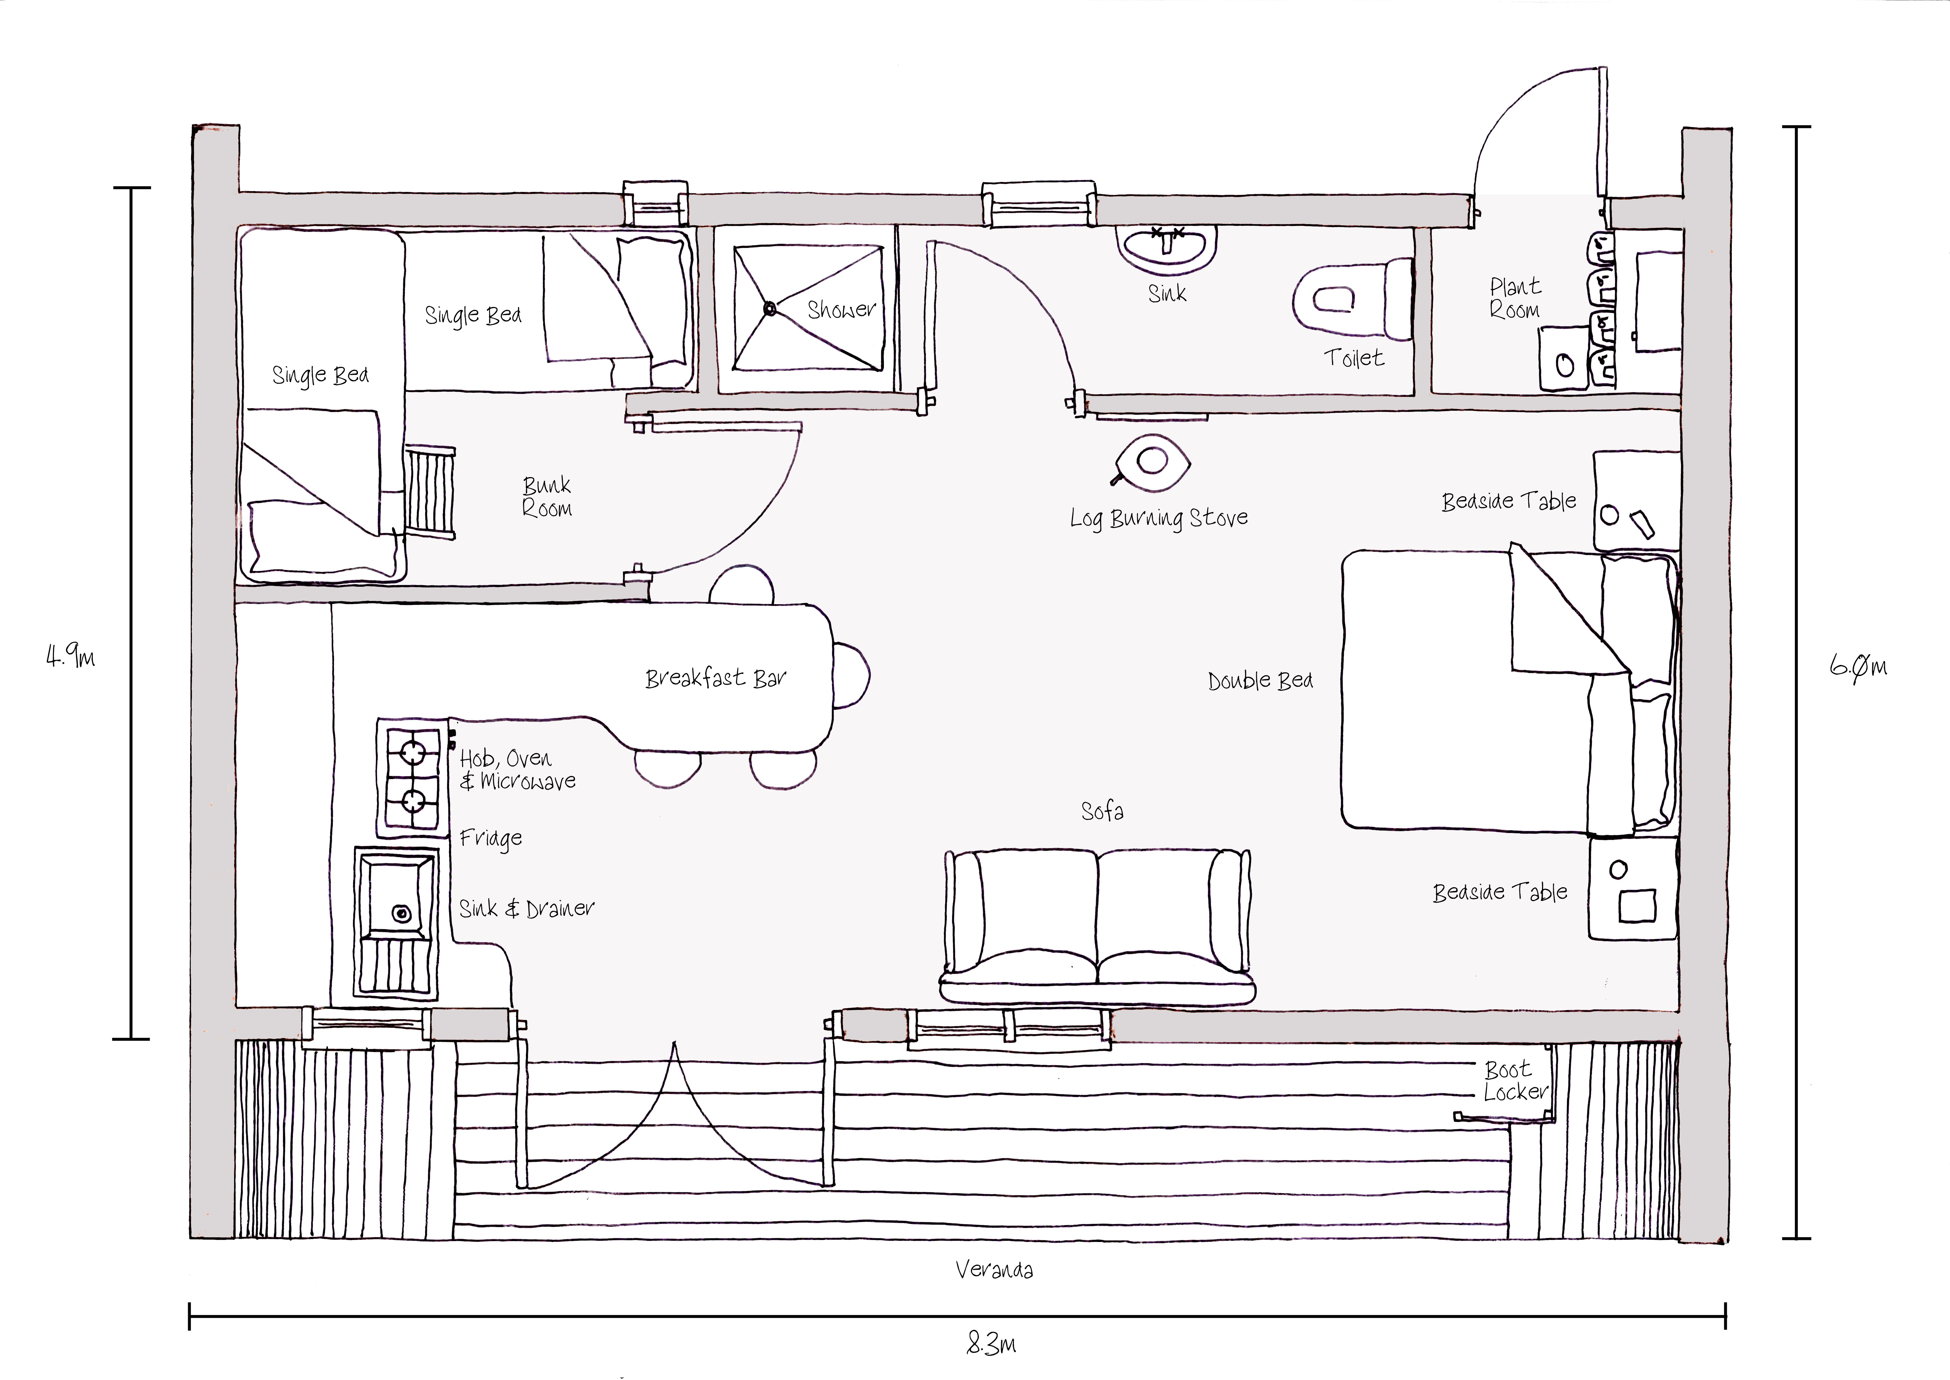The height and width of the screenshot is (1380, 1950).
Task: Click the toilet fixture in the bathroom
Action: coord(1351,299)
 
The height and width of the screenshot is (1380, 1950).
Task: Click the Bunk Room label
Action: coord(546,497)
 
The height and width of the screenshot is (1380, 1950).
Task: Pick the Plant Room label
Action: coord(1515,298)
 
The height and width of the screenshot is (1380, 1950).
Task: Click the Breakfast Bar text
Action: coord(716,678)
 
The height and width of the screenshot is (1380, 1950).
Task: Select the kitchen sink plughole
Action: coord(400,914)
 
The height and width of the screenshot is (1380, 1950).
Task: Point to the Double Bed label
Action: coord(1260,681)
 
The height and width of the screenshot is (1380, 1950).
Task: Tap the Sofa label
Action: coord(1102,811)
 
